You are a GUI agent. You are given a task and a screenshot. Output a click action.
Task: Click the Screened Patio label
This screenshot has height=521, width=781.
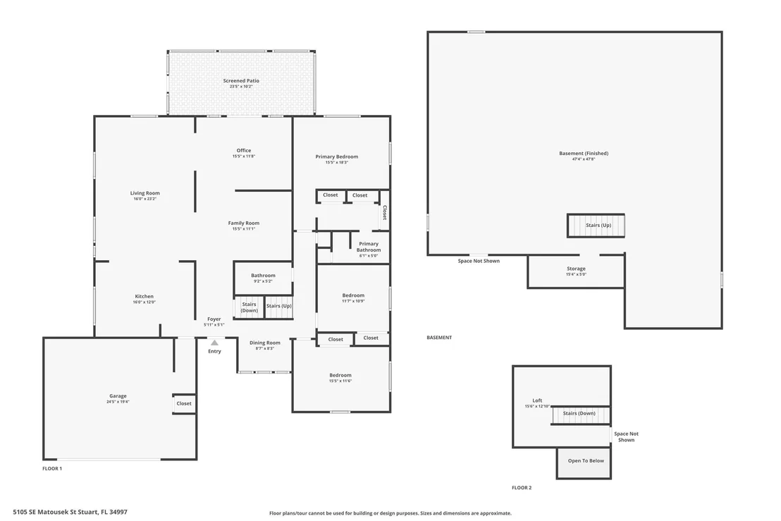pos(241,80)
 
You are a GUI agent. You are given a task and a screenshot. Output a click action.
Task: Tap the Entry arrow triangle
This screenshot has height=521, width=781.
pos(214,343)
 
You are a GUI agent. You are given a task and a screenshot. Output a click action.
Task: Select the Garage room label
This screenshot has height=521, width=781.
pos(118,396)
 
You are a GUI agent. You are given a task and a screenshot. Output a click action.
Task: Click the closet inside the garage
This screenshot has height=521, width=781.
pos(184,403)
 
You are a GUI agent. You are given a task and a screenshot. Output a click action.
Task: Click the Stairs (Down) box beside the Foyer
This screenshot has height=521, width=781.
pos(249,307)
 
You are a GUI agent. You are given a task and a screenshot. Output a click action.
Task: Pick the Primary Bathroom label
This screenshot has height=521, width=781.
pos(369,247)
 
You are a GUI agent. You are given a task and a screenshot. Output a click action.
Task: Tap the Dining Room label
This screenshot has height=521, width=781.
pos(265,343)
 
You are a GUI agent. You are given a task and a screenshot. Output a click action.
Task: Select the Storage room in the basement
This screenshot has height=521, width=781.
pos(576,271)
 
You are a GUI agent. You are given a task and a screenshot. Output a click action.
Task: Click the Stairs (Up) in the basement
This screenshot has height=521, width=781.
pos(596,225)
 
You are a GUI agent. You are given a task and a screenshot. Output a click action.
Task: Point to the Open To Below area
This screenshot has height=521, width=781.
pos(584,462)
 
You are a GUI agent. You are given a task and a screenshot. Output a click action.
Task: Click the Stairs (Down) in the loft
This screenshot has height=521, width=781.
pos(580,415)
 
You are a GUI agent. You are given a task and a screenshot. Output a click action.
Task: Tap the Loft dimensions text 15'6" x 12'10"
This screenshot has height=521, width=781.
pos(537,407)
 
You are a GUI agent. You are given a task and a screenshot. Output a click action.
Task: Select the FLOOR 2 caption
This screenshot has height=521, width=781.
pos(522,488)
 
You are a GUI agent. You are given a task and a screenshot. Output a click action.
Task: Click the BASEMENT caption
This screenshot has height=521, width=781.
pos(439,337)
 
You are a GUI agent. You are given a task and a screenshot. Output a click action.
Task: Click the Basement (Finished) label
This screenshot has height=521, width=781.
pos(584,154)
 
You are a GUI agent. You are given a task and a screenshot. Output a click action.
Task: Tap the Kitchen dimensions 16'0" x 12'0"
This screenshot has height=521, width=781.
pos(144,302)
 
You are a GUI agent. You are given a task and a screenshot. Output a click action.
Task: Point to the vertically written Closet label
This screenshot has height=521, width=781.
pos(385,213)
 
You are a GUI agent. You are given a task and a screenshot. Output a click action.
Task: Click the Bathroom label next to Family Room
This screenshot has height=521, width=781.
pos(263,276)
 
